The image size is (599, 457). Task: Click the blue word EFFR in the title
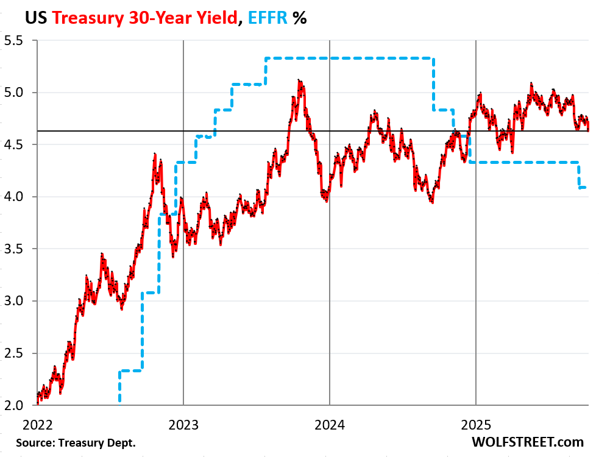[266, 18]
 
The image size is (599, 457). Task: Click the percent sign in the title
[299, 18]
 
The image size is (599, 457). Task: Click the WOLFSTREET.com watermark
[528, 442]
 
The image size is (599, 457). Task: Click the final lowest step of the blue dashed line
[583, 188]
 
